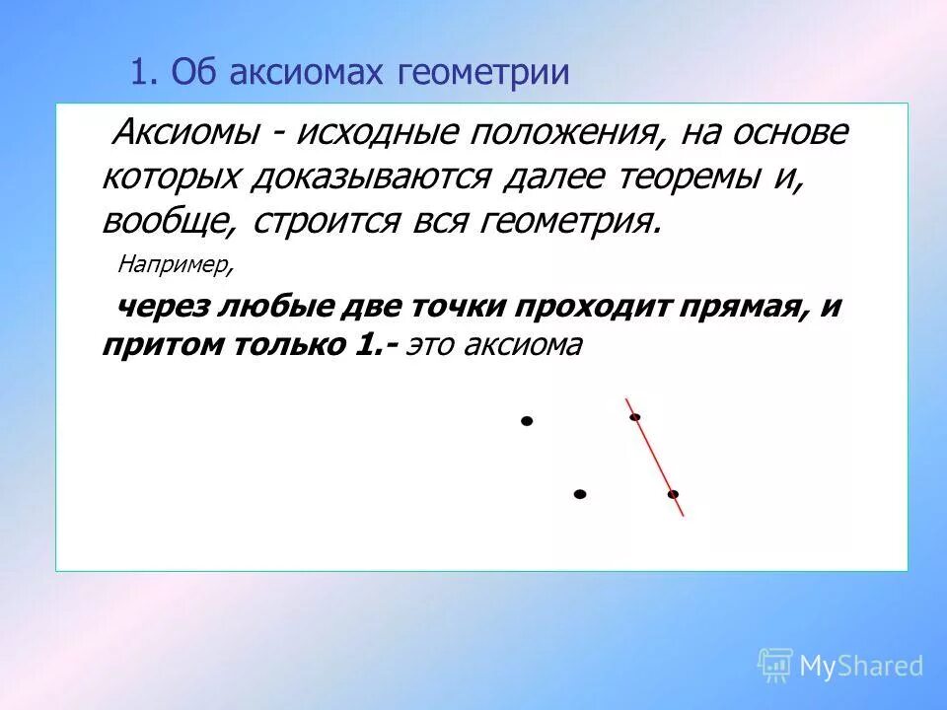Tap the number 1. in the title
click(x=145, y=73)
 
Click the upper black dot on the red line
click(x=635, y=416)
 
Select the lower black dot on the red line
click(x=673, y=493)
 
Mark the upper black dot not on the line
click(x=527, y=421)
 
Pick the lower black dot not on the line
click(x=580, y=493)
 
